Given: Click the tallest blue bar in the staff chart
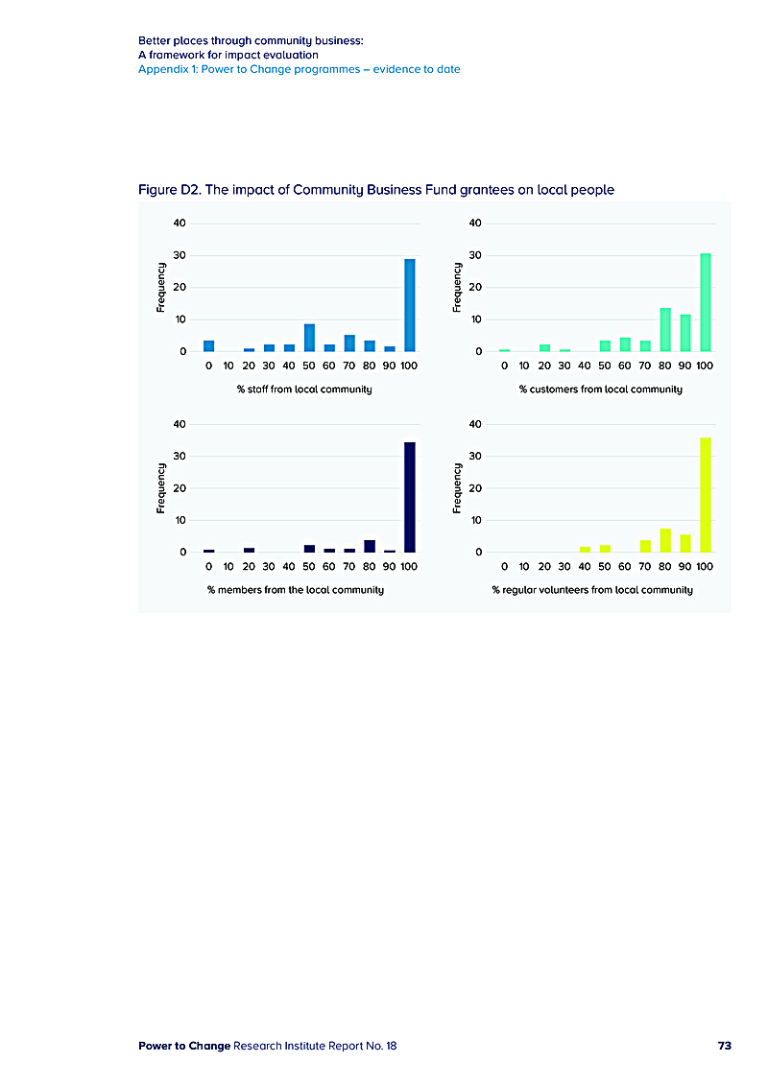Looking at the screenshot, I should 410,305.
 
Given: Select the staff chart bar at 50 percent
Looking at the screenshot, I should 309,338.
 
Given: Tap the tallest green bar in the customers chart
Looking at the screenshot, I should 706,302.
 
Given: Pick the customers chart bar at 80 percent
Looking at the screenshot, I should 665,330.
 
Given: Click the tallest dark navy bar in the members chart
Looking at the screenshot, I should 410,497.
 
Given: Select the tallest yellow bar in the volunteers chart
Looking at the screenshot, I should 706,495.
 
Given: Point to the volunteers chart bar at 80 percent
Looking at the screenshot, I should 665,541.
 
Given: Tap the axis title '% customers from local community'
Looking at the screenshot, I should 601,390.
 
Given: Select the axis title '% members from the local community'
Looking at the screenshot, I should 296,589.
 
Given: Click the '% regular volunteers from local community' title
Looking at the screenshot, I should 592,589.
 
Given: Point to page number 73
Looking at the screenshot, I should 724,1046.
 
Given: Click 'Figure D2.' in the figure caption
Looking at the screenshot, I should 168,190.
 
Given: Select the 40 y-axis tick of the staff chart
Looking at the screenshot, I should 180,224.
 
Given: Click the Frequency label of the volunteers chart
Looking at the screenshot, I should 458,487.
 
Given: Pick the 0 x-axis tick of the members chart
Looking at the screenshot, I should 208,566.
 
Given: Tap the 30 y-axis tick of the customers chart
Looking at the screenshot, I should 476,255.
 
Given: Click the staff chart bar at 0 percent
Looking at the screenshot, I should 208,346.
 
